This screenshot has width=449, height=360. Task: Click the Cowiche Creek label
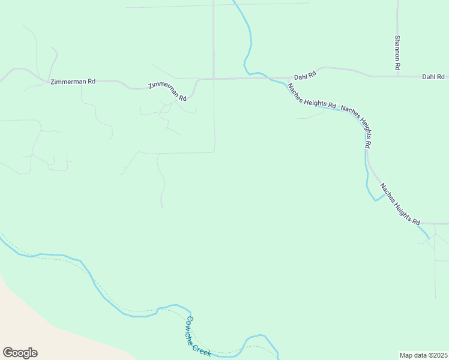click(x=199, y=337)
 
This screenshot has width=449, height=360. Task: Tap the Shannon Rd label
click(x=397, y=53)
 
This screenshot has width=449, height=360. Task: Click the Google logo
click(x=20, y=353)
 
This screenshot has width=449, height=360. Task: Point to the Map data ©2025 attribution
click(x=423, y=355)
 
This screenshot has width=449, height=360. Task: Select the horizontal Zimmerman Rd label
click(x=73, y=81)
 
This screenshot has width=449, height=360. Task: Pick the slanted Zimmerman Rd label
click(x=167, y=91)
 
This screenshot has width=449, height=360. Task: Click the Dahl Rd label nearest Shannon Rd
click(x=433, y=77)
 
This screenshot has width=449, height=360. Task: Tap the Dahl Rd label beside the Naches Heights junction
click(x=304, y=77)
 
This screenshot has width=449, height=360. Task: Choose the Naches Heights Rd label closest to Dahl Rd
click(x=311, y=95)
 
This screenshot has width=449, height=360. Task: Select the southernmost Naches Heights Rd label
click(x=399, y=205)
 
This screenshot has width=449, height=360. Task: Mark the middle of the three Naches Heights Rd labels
click(x=357, y=125)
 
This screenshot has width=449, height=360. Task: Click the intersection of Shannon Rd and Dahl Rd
click(x=397, y=76)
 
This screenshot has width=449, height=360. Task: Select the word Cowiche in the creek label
click(x=193, y=328)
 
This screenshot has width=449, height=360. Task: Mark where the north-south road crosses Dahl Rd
click(x=214, y=78)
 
